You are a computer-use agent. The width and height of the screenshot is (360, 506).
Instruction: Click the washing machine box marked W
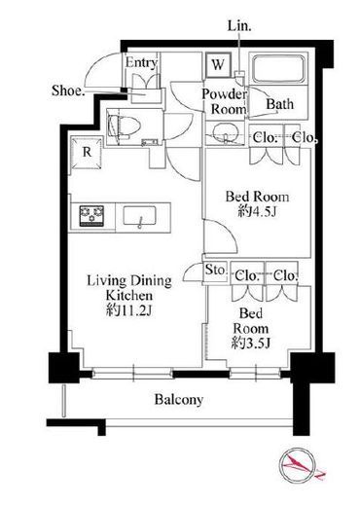pos(218,65)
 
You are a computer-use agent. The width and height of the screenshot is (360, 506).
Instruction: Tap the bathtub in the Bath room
pos(279,69)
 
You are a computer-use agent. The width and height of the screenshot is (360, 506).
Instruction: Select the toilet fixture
pos(124,127)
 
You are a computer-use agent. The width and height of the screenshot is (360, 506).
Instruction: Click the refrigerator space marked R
pos(87,153)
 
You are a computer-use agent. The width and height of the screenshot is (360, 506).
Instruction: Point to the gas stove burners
pos(91,216)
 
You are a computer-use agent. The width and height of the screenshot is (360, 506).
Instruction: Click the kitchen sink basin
pos(139,217)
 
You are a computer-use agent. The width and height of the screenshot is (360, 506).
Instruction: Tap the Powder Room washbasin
pos(227,133)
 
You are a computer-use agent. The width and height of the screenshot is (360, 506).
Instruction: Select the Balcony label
pos(179,400)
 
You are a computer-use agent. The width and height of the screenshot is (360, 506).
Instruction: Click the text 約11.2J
pos(129,310)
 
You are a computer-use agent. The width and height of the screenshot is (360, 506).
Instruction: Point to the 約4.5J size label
pos(257,211)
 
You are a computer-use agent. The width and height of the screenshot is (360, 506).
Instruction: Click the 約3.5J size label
pos(251,343)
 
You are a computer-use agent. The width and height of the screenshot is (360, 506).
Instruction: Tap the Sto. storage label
pos(215,270)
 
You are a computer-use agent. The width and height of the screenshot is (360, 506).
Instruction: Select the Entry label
pos(141,62)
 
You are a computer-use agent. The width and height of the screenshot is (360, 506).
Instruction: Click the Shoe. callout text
pos(68,90)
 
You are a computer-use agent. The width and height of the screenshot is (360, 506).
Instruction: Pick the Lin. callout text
pos(239,26)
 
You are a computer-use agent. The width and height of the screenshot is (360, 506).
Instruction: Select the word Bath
pos(280,104)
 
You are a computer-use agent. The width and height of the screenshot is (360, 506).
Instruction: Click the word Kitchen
pos(129,296)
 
